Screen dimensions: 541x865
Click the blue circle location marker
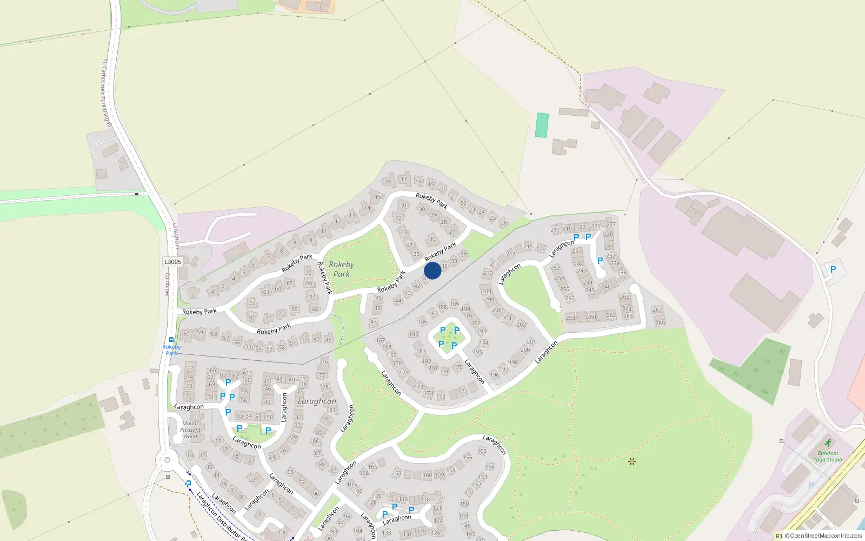coord(432,270)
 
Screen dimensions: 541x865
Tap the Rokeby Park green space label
coord(341,269)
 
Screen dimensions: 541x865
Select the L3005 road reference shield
coord(172,262)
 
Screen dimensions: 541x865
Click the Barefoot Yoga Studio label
coord(828,457)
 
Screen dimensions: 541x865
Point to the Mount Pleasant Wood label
coord(190,430)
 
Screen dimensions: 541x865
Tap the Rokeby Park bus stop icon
coord(171,340)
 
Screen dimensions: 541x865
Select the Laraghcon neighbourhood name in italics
coord(317,401)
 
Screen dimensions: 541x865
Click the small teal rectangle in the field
coord(541,125)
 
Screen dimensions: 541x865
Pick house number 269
coord(660,323)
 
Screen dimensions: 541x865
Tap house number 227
coord(611,224)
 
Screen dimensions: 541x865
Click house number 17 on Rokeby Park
coord(404,179)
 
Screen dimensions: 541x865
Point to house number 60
coord(187,333)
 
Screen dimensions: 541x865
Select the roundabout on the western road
coord(167,461)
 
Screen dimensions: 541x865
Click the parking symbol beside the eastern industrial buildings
coord(833,269)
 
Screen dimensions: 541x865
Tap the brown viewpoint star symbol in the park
coord(631,461)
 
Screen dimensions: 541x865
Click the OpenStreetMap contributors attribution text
coord(823,536)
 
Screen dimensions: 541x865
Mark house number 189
coord(454,304)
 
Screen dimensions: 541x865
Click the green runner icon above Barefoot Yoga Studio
coord(828,443)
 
